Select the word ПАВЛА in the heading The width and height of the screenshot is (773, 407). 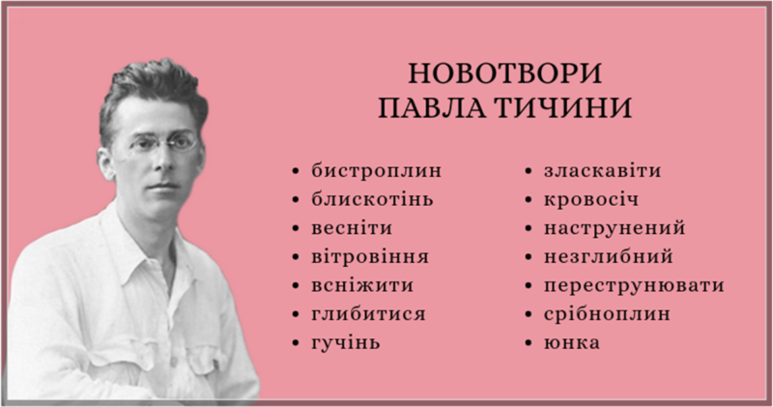[x=436, y=107]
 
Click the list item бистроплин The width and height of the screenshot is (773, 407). [x=376, y=172]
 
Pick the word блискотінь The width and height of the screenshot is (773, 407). [x=373, y=200]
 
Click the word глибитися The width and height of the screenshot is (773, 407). [x=368, y=314]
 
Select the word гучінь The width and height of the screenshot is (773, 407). [x=346, y=342]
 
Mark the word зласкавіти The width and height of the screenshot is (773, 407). [x=602, y=172]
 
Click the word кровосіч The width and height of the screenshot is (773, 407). [x=590, y=200]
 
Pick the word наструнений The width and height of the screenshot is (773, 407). [x=614, y=229]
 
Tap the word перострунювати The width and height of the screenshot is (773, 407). [x=633, y=286]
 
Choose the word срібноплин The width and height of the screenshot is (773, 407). [x=606, y=314]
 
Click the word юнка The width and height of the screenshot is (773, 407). [x=571, y=342]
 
